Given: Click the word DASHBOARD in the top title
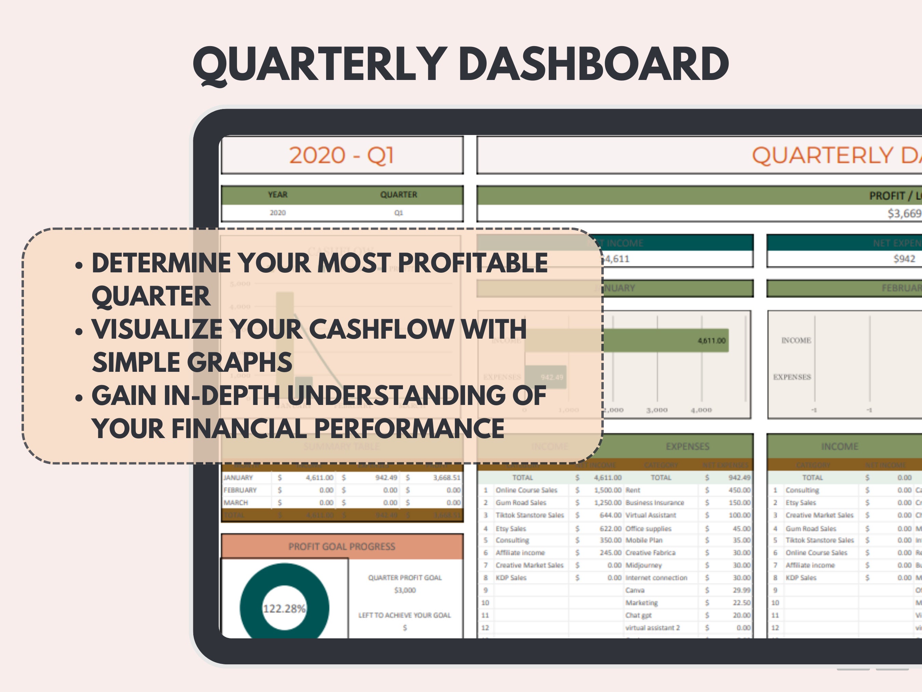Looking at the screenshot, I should [596, 65].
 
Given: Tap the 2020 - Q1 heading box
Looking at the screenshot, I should [342, 155].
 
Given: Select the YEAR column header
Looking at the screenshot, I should [278, 195].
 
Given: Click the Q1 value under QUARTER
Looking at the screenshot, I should [399, 213].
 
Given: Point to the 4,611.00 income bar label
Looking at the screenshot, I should [712, 341].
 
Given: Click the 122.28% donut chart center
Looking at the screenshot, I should [284, 609].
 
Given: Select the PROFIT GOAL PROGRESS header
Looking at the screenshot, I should [342, 546].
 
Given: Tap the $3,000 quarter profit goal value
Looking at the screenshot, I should [405, 590].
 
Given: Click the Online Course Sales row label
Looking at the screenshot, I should [526, 490].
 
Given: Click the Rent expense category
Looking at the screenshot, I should [633, 490].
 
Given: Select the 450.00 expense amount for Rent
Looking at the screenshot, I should [739, 490].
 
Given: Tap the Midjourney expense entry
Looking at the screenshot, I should [644, 565].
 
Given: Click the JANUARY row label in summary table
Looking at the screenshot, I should [238, 478].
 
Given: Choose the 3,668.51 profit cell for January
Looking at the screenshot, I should [446, 478].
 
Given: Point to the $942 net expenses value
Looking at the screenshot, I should [904, 259].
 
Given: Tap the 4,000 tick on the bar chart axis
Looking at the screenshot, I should [701, 410].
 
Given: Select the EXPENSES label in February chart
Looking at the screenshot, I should [792, 377].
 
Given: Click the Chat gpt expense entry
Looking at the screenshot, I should [638, 615].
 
